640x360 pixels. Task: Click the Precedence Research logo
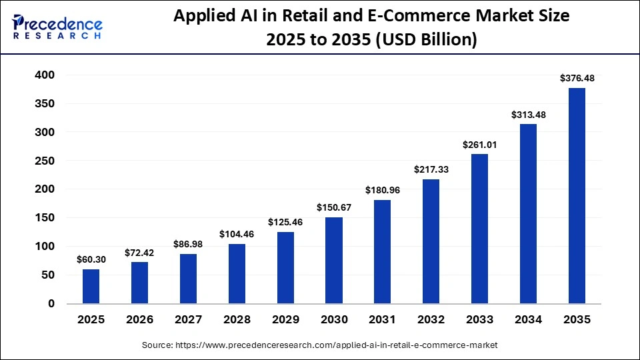[57, 27]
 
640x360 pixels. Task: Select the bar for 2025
[91, 286]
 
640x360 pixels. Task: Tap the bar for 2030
[333, 260]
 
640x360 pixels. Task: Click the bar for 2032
[431, 241]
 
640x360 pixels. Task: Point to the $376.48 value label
[577, 78]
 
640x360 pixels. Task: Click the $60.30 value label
[91, 259]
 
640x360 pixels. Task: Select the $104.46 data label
[237, 234]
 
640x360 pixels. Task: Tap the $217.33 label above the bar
[431, 169]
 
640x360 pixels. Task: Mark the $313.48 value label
[528, 115]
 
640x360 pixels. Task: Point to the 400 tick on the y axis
[45, 75]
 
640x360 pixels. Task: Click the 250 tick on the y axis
[45, 161]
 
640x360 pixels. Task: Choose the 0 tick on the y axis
[51, 303]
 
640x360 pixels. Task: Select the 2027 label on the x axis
[188, 320]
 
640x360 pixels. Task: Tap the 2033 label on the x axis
[479, 320]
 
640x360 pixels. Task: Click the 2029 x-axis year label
[285, 320]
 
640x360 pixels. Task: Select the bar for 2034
[528, 213]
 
